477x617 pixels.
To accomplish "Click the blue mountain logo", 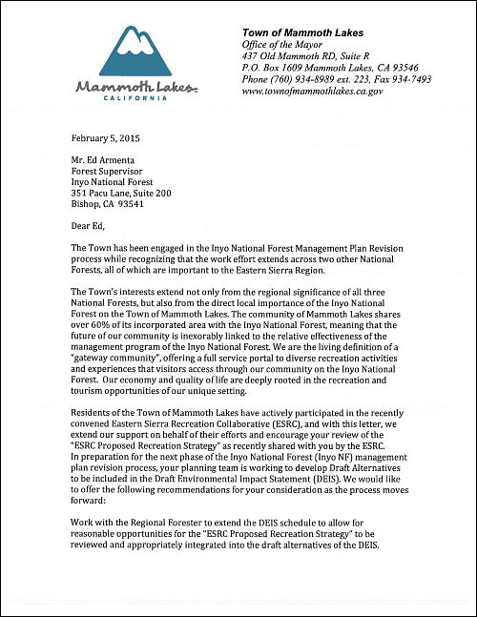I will [136, 51].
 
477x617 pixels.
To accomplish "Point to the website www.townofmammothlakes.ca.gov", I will [326, 92].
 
